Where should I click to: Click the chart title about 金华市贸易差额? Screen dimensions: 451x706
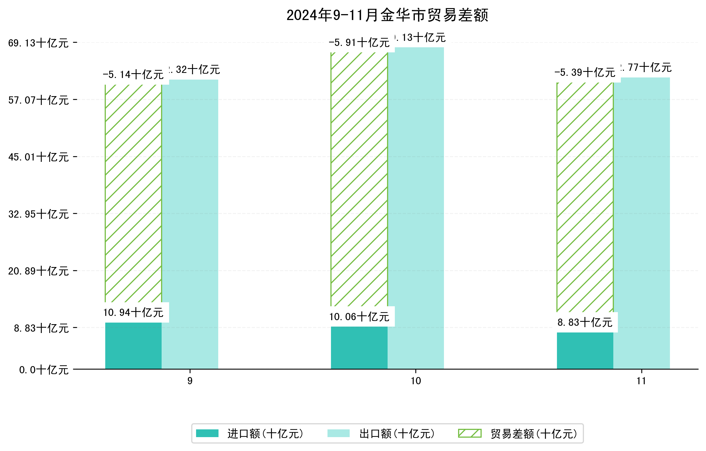point(387,15)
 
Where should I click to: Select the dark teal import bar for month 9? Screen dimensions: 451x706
point(133,346)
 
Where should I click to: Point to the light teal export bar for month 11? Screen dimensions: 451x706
point(642,223)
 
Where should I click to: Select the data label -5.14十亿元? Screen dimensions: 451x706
point(133,75)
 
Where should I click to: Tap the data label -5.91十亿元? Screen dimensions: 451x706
point(359,43)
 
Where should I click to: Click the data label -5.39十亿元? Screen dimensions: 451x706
point(585,73)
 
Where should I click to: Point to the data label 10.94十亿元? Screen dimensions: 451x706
point(133,313)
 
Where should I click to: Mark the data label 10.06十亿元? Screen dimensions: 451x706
point(359,317)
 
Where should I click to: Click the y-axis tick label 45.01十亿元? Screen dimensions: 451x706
point(38,157)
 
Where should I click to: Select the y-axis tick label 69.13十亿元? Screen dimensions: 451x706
point(38,43)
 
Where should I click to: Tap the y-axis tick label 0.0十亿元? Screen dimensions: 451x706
point(44,370)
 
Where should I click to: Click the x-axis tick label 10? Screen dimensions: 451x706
point(416,381)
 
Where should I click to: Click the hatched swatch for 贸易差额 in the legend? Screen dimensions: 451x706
point(470,433)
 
